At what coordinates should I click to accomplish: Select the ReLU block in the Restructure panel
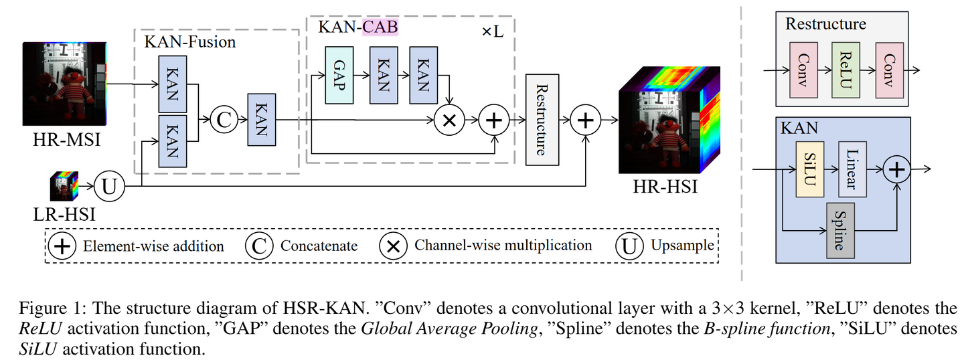coord(845,70)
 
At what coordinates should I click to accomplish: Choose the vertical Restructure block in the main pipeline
coord(542,119)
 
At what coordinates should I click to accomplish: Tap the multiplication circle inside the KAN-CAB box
coord(450,120)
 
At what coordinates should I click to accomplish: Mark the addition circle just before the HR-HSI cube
coord(585,120)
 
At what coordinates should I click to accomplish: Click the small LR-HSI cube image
coord(64,185)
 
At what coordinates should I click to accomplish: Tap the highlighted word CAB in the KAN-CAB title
coord(380,27)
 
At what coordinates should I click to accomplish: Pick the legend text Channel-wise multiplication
coord(503,246)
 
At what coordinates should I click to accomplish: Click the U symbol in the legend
coord(629,246)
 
